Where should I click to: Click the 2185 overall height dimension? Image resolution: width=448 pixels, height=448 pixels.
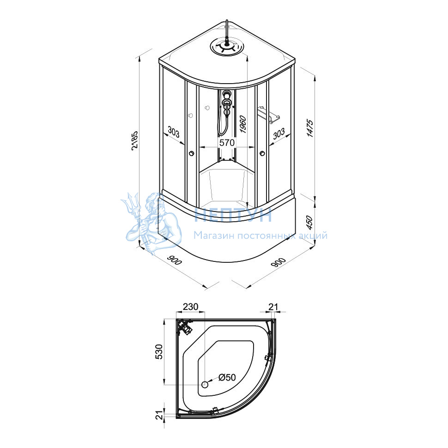point(134,140)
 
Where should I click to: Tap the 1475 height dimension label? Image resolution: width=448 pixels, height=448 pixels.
point(310,129)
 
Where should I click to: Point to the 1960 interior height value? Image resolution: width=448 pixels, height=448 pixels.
point(242,124)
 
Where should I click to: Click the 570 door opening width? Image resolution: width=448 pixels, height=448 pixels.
point(227,142)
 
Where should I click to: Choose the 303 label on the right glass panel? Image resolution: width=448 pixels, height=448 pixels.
point(279,133)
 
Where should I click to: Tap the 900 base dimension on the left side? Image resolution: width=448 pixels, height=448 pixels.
point(174,260)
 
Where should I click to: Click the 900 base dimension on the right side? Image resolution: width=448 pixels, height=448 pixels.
point(278,262)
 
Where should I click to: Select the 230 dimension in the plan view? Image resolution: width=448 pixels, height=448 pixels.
point(190,307)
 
